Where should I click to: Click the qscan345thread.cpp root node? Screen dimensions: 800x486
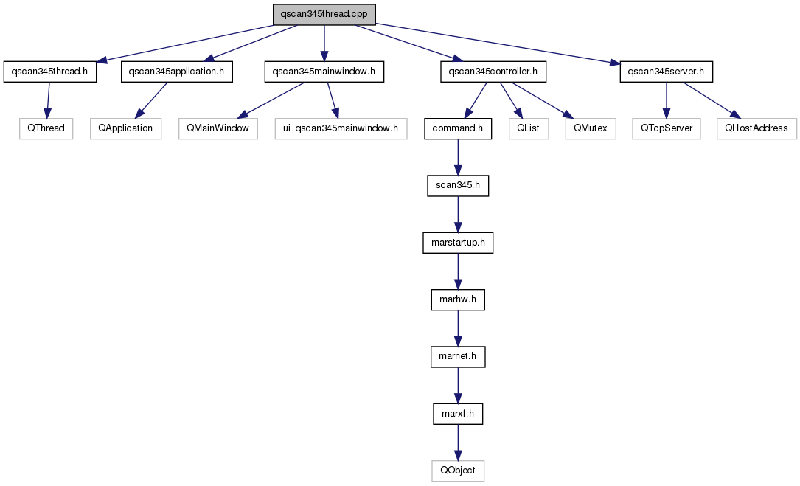[x=324, y=14]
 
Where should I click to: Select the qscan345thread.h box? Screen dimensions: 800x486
[x=50, y=72]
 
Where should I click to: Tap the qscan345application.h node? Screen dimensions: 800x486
[x=176, y=72]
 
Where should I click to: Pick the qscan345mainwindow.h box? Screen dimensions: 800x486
[x=324, y=72]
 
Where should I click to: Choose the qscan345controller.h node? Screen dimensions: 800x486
[x=493, y=72]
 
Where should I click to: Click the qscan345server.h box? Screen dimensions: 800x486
[x=666, y=72]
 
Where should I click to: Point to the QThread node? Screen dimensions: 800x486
[x=46, y=128]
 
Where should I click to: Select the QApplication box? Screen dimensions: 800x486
[x=126, y=128]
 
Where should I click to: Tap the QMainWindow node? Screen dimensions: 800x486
[x=218, y=128]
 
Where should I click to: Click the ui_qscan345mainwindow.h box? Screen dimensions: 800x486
[x=341, y=128]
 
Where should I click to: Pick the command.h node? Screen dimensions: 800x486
[x=458, y=128]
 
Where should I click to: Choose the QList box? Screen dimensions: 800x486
[x=529, y=128]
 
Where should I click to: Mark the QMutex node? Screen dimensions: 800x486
[x=591, y=128]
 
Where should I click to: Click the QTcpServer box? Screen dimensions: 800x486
[x=667, y=128]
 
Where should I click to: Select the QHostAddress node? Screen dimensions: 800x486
[x=756, y=128]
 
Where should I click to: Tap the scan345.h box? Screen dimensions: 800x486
[x=458, y=185]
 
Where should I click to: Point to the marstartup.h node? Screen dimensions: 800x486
[x=458, y=243]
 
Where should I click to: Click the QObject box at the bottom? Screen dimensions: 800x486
[x=458, y=471]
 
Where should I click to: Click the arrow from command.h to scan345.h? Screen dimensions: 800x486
[x=458, y=157]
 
